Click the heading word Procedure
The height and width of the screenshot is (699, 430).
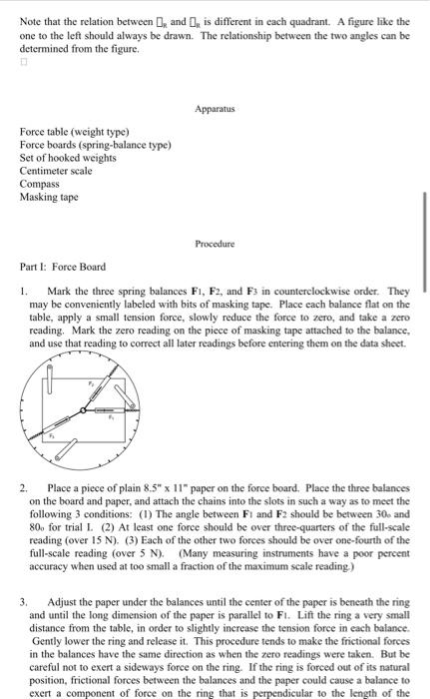click(214, 243)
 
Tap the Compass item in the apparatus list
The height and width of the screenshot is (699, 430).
click(39, 184)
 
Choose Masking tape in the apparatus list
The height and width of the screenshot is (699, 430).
click(50, 197)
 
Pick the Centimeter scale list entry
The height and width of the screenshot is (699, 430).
click(56, 171)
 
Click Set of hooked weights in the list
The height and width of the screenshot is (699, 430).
click(65, 158)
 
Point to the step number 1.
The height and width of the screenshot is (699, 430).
click(23, 290)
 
